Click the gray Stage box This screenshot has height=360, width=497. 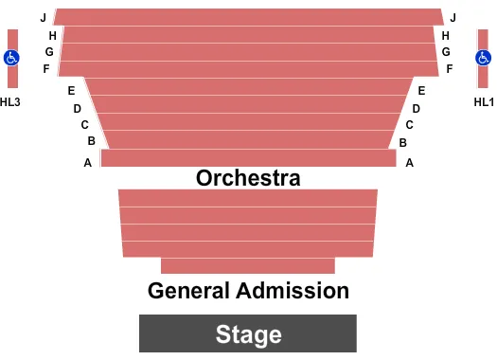coord(248,333)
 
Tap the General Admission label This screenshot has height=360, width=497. coord(248,291)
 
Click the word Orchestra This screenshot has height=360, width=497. coord(248,177)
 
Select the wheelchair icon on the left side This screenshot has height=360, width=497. coord(12,58)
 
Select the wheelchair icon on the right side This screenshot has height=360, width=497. coord(485,58)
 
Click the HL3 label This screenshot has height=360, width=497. coord(10,102)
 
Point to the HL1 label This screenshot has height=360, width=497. coord(484,102)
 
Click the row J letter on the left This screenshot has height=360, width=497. coord(44,18)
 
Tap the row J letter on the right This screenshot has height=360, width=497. coord(453,18)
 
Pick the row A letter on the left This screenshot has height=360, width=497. coord(88,162)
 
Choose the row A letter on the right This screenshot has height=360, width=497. coord(410,162)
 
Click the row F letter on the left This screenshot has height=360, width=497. coord(46,69)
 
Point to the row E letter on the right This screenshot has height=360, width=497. coord(421,91)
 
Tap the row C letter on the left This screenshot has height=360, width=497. coord(84,125)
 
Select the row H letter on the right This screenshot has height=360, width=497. coord(445,35)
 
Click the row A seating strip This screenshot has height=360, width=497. coord(248,158)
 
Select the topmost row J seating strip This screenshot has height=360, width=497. coord(248,17)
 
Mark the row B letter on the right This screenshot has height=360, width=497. coord(403,142)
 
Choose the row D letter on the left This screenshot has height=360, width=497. coord(78,108)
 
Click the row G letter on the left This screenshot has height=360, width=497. coord(49,52)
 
